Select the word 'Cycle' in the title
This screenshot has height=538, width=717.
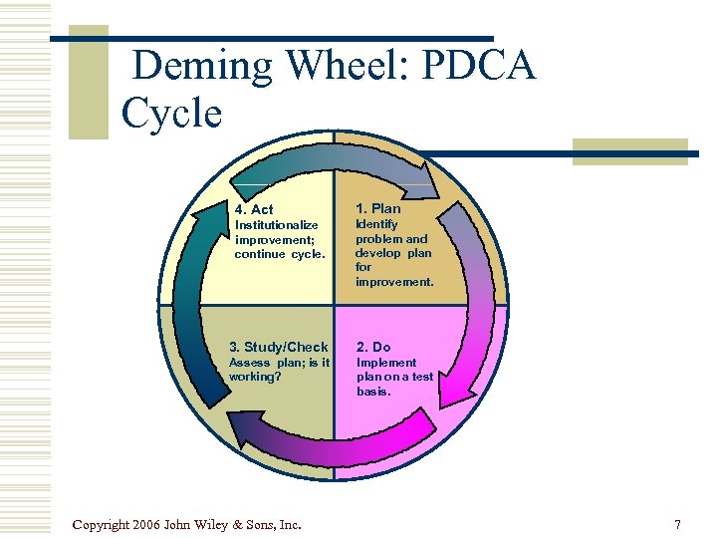coord(170,114)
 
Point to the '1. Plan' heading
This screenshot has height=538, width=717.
coord(378,208)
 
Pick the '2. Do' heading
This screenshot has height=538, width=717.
coord(373,347)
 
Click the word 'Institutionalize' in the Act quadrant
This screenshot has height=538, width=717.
coord(276,225)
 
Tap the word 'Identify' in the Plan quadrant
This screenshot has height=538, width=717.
coord(376,224)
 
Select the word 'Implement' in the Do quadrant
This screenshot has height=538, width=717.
coord(386,363)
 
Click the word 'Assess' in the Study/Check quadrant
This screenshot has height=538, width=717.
coord(250,363)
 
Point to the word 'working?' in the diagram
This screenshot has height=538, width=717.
coord(255,378)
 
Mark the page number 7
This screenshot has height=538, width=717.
coord(677,524)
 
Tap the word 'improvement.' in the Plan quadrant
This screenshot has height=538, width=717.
coord(394,282)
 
